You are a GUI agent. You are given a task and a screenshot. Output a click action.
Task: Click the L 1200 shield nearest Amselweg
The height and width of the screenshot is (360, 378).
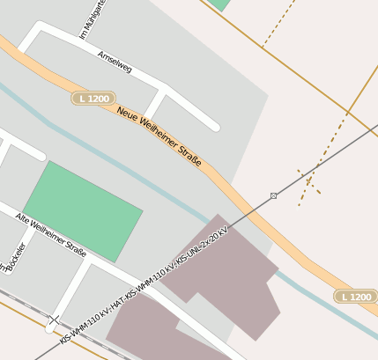pyautogui.click(x=94, y=99)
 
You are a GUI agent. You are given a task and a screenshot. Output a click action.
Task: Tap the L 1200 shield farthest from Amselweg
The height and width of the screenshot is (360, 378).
pyautogui.click(x=355, y=297)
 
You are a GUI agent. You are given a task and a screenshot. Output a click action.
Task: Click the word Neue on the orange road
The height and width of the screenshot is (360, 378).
pyautogui.click(x=130, y=115)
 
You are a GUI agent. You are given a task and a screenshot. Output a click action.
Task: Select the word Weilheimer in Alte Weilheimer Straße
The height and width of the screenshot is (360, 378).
pyautogui.click(x=49, y=231)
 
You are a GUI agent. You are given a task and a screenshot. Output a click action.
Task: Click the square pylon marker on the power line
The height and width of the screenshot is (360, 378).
pyautogui.click(x=273, y=195)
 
